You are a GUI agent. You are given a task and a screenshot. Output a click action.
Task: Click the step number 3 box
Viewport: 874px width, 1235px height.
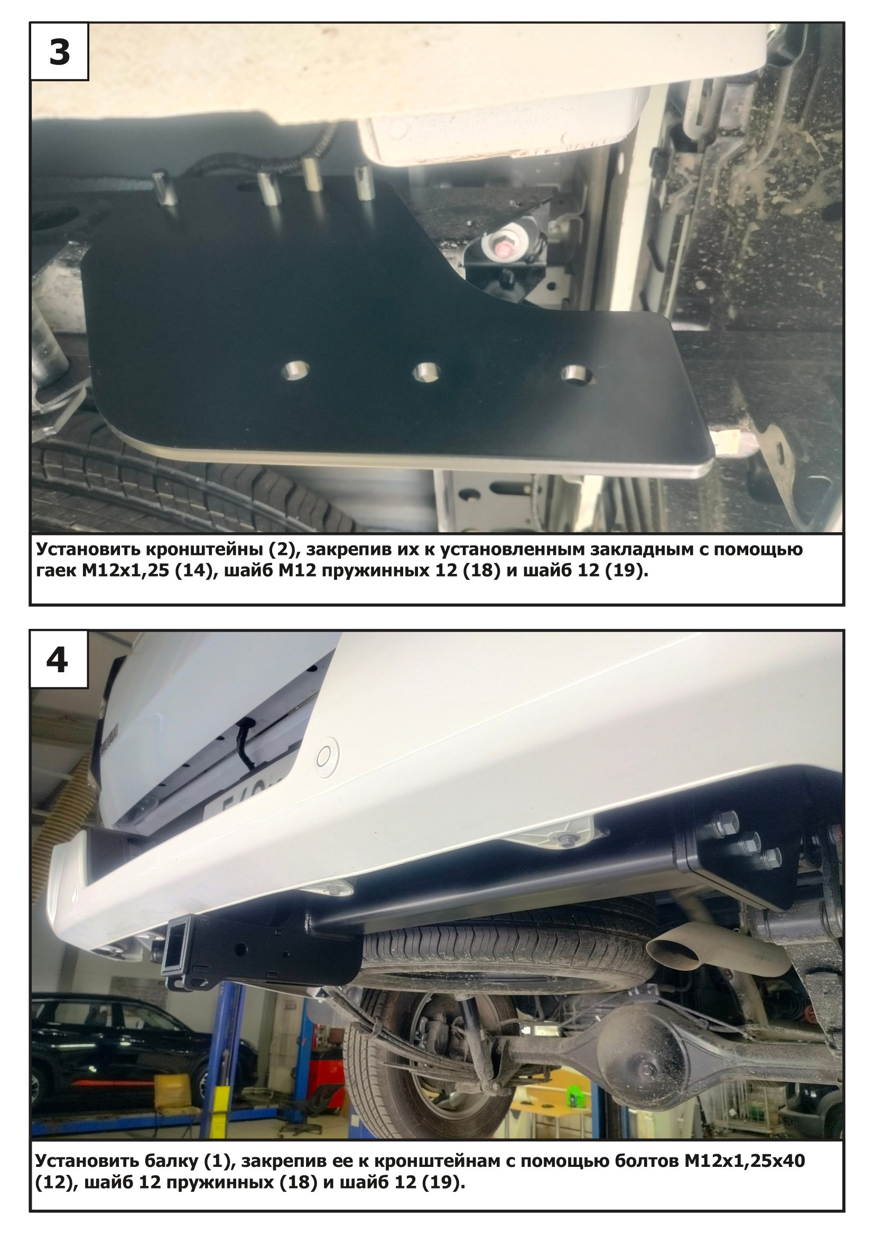(59, 52)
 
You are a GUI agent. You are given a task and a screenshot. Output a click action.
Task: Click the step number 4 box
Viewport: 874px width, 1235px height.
(58, 659)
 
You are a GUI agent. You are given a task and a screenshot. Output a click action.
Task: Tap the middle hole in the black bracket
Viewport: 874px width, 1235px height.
(427, 373)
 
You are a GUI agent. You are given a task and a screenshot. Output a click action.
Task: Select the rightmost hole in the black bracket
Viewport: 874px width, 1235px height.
(577, 375)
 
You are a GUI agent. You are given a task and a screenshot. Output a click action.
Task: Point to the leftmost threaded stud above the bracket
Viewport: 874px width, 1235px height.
(161, 186)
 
